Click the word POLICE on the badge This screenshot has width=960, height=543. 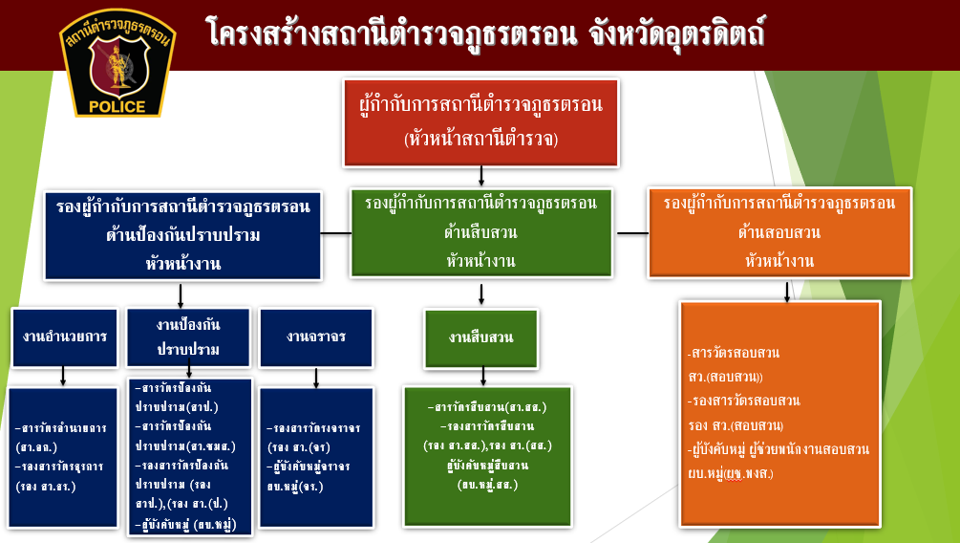click(x=117, y=106)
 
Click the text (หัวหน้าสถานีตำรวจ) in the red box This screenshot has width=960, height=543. click(x=480, y=140)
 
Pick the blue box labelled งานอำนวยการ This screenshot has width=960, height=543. click(x=64, y=337)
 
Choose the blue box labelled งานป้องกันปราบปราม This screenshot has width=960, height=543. click(x=188, y=337)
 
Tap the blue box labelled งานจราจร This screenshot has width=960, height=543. click(x=315, y=337)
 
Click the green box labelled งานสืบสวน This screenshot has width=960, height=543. click(x=480, y=337)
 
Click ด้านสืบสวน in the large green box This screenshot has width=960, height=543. click(x=480, y=231)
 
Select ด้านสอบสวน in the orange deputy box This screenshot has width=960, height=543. click(x=779, y=231)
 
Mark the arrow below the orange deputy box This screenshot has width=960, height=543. click(x=786, y=291)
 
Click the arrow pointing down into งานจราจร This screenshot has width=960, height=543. click(x=315, y=297)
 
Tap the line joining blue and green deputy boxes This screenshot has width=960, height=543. click(x=335, y=232)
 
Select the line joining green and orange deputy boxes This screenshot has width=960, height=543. click(x=632, y=232)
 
